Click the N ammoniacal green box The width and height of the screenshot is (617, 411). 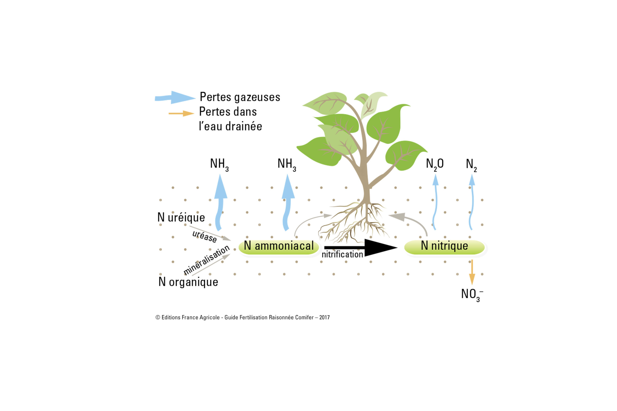pyautogui.click(x=279, y=247)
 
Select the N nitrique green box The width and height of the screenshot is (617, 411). pyautogui.click(x=444, y=247)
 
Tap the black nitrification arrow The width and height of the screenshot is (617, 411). pyautogui.click(x=361, y=248)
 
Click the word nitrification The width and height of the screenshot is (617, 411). pyautogui.click(x=342, y=254)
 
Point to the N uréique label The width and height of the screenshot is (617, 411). pyautogui.click(x=181, y=217)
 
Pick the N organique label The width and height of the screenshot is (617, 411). pyautogui.click(x=188, y=282)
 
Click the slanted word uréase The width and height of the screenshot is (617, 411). pyautogui.click(x=205, y=236)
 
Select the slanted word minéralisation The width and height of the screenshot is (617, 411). pyautogui.click(x=207, y=260)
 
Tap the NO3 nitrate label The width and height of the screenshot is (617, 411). pyautogui.click(x=472, y=295)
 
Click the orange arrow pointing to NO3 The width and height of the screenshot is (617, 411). pyautogui.click(x=472, y=272)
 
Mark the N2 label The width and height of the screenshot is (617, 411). pyautogui.click(x=471, y=165)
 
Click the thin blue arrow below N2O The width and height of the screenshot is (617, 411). pyautogui.click(x=435, y=202)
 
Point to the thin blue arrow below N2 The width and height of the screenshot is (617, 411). pyautogui.click(x=472, y=202)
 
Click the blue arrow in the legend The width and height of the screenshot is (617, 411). pyautogui.click(x=175, y=98)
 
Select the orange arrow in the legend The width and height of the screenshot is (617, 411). pyautogui.click(x=181, y=113)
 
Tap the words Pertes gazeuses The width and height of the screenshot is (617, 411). pyautogui.click(x=240, y=97)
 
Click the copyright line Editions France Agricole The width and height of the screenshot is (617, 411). pyautogui.click(x=242, y=317)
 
